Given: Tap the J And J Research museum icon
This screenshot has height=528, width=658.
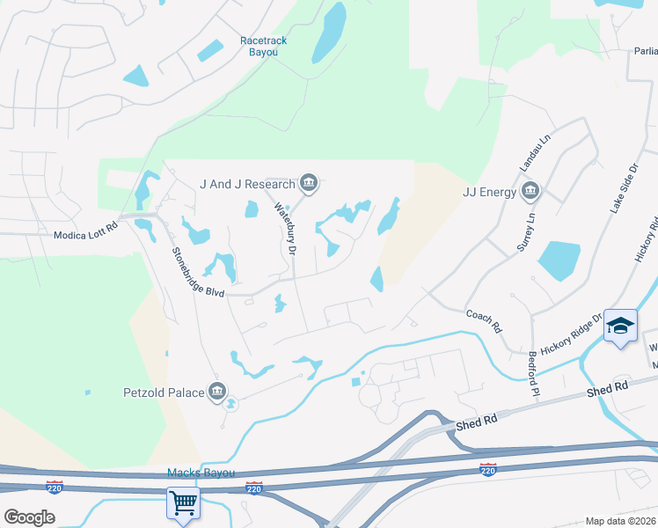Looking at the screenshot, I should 309,184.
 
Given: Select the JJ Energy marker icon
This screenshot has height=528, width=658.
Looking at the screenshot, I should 530,191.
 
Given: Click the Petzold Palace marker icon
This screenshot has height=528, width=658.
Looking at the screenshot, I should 217,392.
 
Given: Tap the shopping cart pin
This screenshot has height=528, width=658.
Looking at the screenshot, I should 183,504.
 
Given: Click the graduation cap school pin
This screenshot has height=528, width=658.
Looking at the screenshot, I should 620,326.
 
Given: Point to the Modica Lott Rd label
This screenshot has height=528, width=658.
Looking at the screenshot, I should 84,236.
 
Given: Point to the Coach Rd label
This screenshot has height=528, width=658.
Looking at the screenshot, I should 483,319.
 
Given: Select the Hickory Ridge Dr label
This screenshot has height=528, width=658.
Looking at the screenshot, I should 572,334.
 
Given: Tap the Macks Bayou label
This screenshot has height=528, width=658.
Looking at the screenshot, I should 201,473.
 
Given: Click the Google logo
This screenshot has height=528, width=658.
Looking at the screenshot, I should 29,517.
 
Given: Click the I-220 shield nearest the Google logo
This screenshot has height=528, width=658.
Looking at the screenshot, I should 55,487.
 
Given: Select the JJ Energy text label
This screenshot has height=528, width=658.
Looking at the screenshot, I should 488,191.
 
